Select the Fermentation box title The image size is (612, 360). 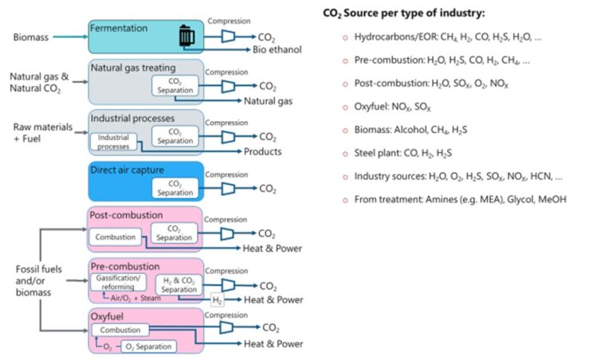(x=120, y=28)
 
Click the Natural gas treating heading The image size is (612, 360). (x=132, y=68)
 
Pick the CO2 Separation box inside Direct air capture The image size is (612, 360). (x=175, y=188)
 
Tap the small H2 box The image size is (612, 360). (x=217, y=299)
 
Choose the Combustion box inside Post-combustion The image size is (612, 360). (x=116, y=237)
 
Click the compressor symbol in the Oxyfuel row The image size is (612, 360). (x=228, y=327)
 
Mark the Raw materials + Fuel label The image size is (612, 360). (x=36, y=132)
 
